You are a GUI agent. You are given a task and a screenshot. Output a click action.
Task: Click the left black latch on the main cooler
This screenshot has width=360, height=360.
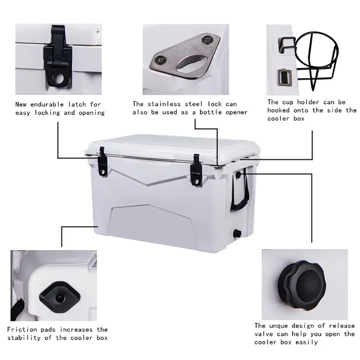pyautogui.click(x=103, y=162)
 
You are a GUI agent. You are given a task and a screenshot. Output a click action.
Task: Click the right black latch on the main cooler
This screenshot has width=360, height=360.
pyautogui.click(x=196, y=170)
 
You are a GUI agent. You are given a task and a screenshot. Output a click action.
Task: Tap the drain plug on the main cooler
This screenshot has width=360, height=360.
pyautogui.click(x=236, y=233)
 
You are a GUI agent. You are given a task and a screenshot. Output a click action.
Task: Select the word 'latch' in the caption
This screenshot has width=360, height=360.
pyautogui.click(x=77, y=104)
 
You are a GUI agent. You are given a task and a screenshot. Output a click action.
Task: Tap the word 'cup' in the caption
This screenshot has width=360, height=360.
pyautogui.click(x=288, y=102)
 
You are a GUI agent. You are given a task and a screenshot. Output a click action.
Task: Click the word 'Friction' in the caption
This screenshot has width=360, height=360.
pyautogui.click(x=22, y=329)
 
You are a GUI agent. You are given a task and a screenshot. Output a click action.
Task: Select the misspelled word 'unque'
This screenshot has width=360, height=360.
pyautogui.click(x=279, y=326)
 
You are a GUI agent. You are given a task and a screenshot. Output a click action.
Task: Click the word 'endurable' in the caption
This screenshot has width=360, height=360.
pyautogui.click(x=47, y=104)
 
